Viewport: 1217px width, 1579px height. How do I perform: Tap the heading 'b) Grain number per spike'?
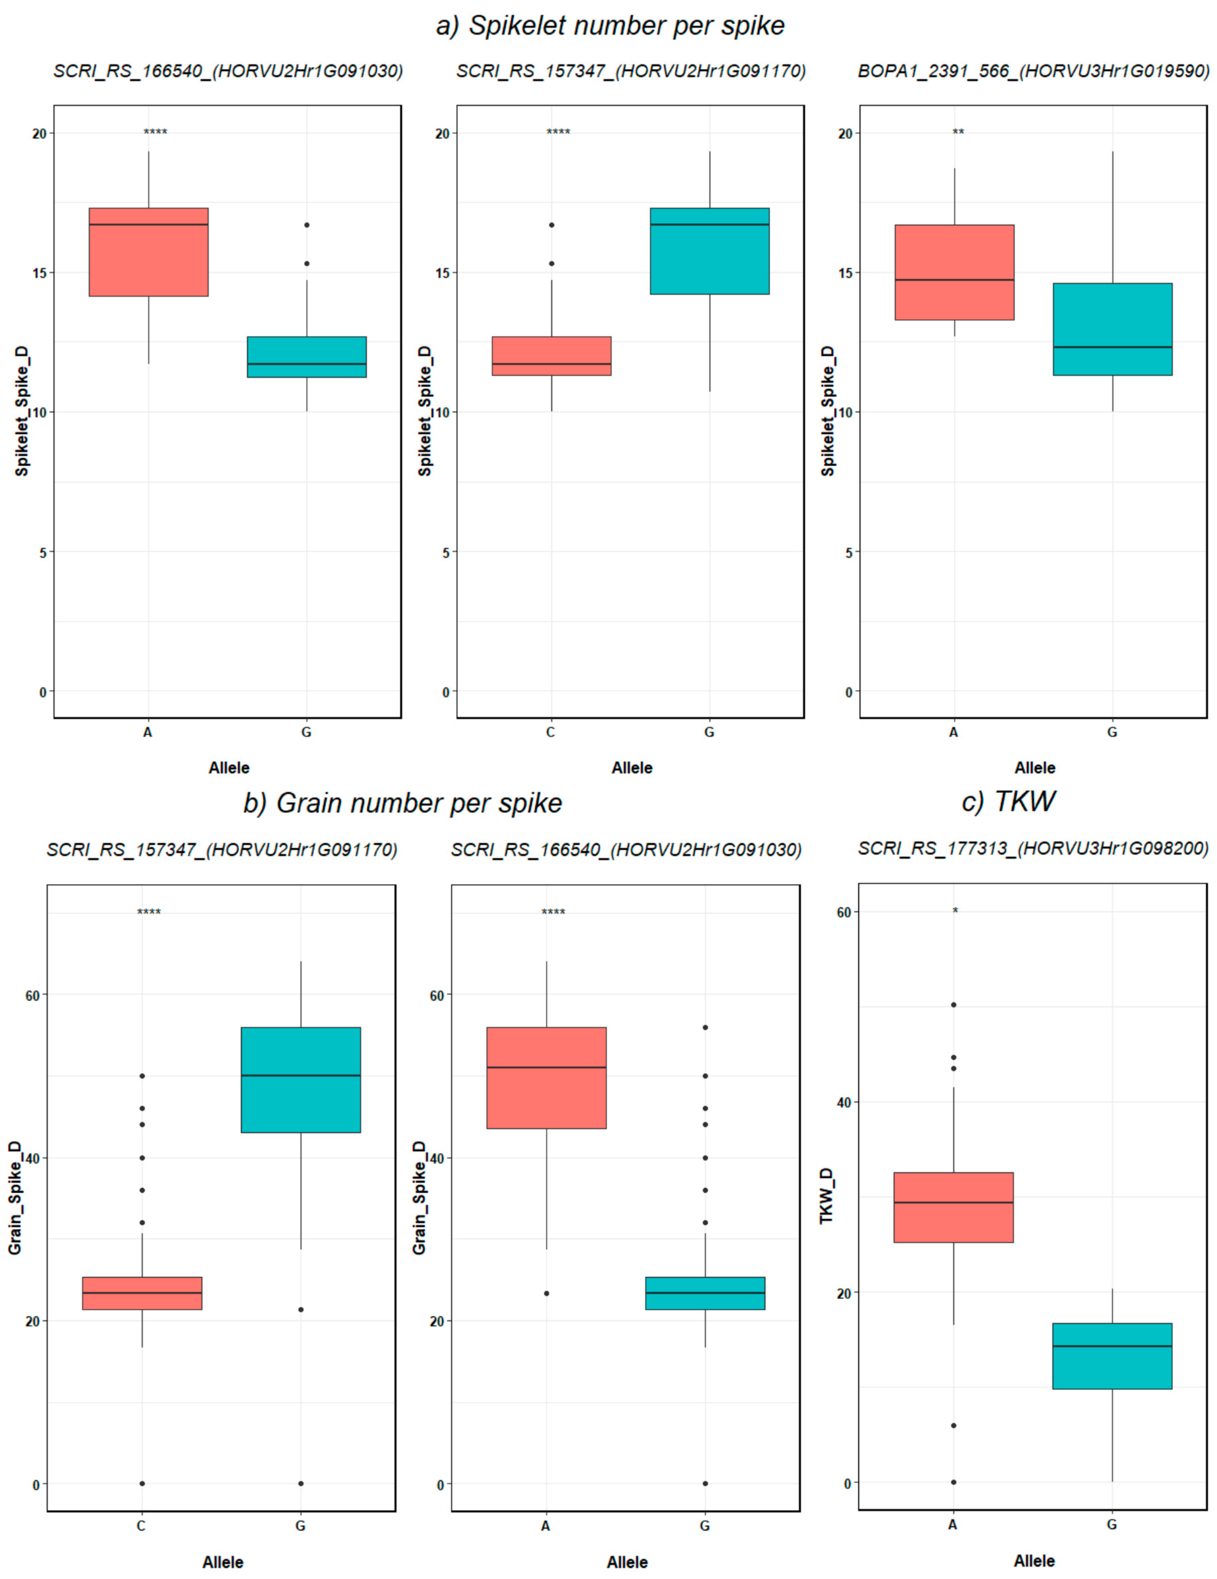coord(402,803)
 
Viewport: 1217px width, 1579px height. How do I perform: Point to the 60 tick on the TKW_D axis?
coord(843,912)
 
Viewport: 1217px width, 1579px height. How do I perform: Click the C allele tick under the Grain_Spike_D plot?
coord(142,1526)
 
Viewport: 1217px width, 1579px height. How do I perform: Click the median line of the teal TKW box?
coord(1111,1346)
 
